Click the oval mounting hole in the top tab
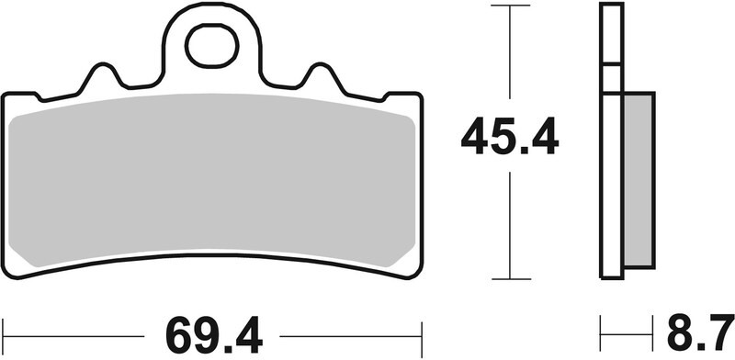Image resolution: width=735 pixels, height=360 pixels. point(212,47)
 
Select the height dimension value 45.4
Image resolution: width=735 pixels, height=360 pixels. point(509,139)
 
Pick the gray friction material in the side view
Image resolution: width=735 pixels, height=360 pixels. point(639,180)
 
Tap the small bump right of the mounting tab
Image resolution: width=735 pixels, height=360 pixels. point(321,75)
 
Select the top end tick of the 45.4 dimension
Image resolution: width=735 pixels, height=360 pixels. point(511,6)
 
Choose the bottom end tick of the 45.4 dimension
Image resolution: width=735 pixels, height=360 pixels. point(511,278)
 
